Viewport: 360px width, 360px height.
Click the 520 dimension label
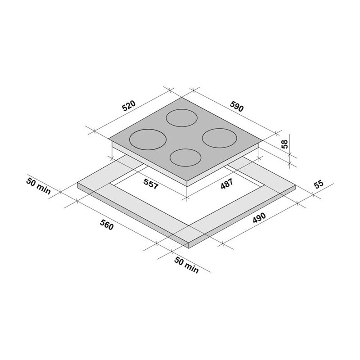pos(129,106)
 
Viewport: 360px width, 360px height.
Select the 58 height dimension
pos(284,144)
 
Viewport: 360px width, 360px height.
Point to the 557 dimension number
pos(151,184)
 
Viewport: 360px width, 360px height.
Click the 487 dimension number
pos(227,184)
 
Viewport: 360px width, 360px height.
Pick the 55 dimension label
pos(319,184)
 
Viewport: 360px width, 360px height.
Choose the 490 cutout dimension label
pos(259,217)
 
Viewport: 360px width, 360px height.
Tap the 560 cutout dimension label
pos(107,224)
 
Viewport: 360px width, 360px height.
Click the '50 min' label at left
pos(38,186)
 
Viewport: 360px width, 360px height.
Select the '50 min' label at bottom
pos(186,265)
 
